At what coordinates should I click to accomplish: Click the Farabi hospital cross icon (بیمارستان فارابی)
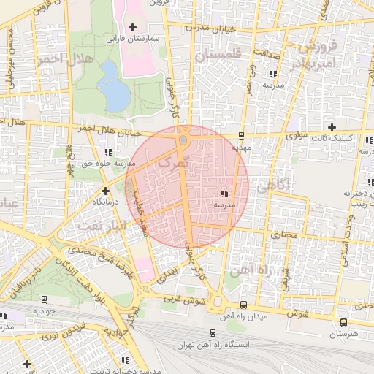[x=131, y=28]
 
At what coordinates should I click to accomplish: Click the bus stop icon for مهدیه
[x=241, y=135]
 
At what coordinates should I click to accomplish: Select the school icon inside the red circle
[x=223, y=194]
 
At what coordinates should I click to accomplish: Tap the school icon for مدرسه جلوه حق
[x=109, y=152]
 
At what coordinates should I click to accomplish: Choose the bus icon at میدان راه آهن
[x=243, y=305]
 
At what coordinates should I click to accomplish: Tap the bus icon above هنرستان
[x=343, y=321]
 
